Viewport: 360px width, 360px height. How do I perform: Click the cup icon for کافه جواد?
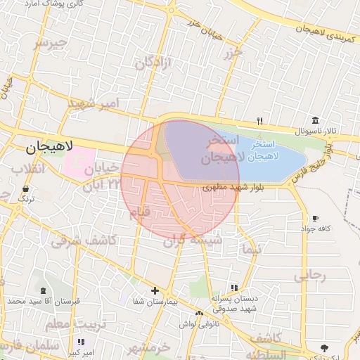pyautogui.click(x=315, y=218)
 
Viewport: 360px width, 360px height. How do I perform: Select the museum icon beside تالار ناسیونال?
pyautogui.click(x=316, y=120)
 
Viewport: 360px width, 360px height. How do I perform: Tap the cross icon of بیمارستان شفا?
pyautogui.click(x=155, y=290)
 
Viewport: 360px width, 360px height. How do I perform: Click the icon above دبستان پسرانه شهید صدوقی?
pyautogui.click(x=234, y=288)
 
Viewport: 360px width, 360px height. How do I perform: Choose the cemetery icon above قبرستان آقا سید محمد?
pyautogui.click(x=44, y=290)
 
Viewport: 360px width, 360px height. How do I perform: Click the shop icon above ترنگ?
pyautogui.click(x=26, y=189)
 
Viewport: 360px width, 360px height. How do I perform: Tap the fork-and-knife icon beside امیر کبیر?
pyautogui.click(x=81, y=342)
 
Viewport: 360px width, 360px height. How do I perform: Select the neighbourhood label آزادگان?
pyautogui.click(x=153, y=68)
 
